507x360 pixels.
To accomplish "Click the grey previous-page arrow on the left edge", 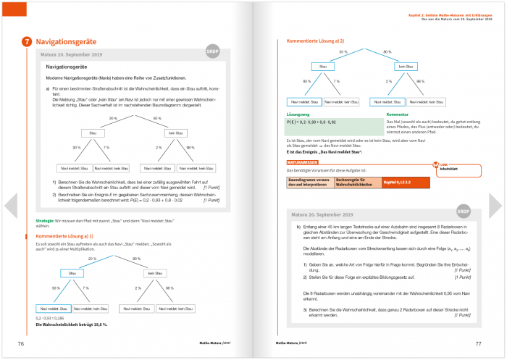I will [10, 206].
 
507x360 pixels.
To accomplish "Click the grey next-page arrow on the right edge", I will [496, 206].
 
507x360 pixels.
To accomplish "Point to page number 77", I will [478, 343].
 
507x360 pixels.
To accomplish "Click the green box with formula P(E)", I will [334, 124].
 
